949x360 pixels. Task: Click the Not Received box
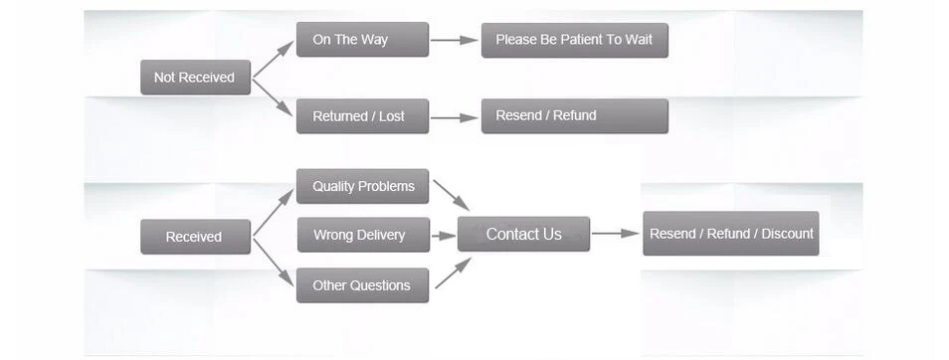click(x=195, y=78)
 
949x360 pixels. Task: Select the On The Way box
click(x=362, y=40)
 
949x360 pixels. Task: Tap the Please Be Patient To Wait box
click(x=574, y=41)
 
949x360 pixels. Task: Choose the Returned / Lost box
click(x=362, y=116)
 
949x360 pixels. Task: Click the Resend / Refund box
click(x=574, y=116)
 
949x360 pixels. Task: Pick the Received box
click(x=195, y=237)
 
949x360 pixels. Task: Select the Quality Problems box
click(x=362, y=186)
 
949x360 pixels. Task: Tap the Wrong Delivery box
click(x=363, y=235)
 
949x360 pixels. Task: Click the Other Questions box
click(x=362, y=285)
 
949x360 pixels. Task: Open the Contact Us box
click(x=523, y=234)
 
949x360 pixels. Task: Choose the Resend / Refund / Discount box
click(x=730, y=234)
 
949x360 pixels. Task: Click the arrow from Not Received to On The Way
click(x=273, y=60)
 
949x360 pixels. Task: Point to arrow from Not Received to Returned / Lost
click(x=273, y=96)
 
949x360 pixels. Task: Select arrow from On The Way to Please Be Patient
click(x=455, y=41)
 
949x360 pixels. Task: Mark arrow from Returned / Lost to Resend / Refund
click(x=455, y=118)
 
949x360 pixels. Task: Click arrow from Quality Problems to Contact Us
click(x=452, y=195)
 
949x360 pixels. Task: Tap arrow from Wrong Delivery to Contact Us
click(x=444, y=236)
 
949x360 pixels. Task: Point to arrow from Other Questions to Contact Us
click(x=454, y=272)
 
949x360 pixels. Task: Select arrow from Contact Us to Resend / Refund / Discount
click(x=616, y=233)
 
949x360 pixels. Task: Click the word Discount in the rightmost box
click(x=787, y=234)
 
